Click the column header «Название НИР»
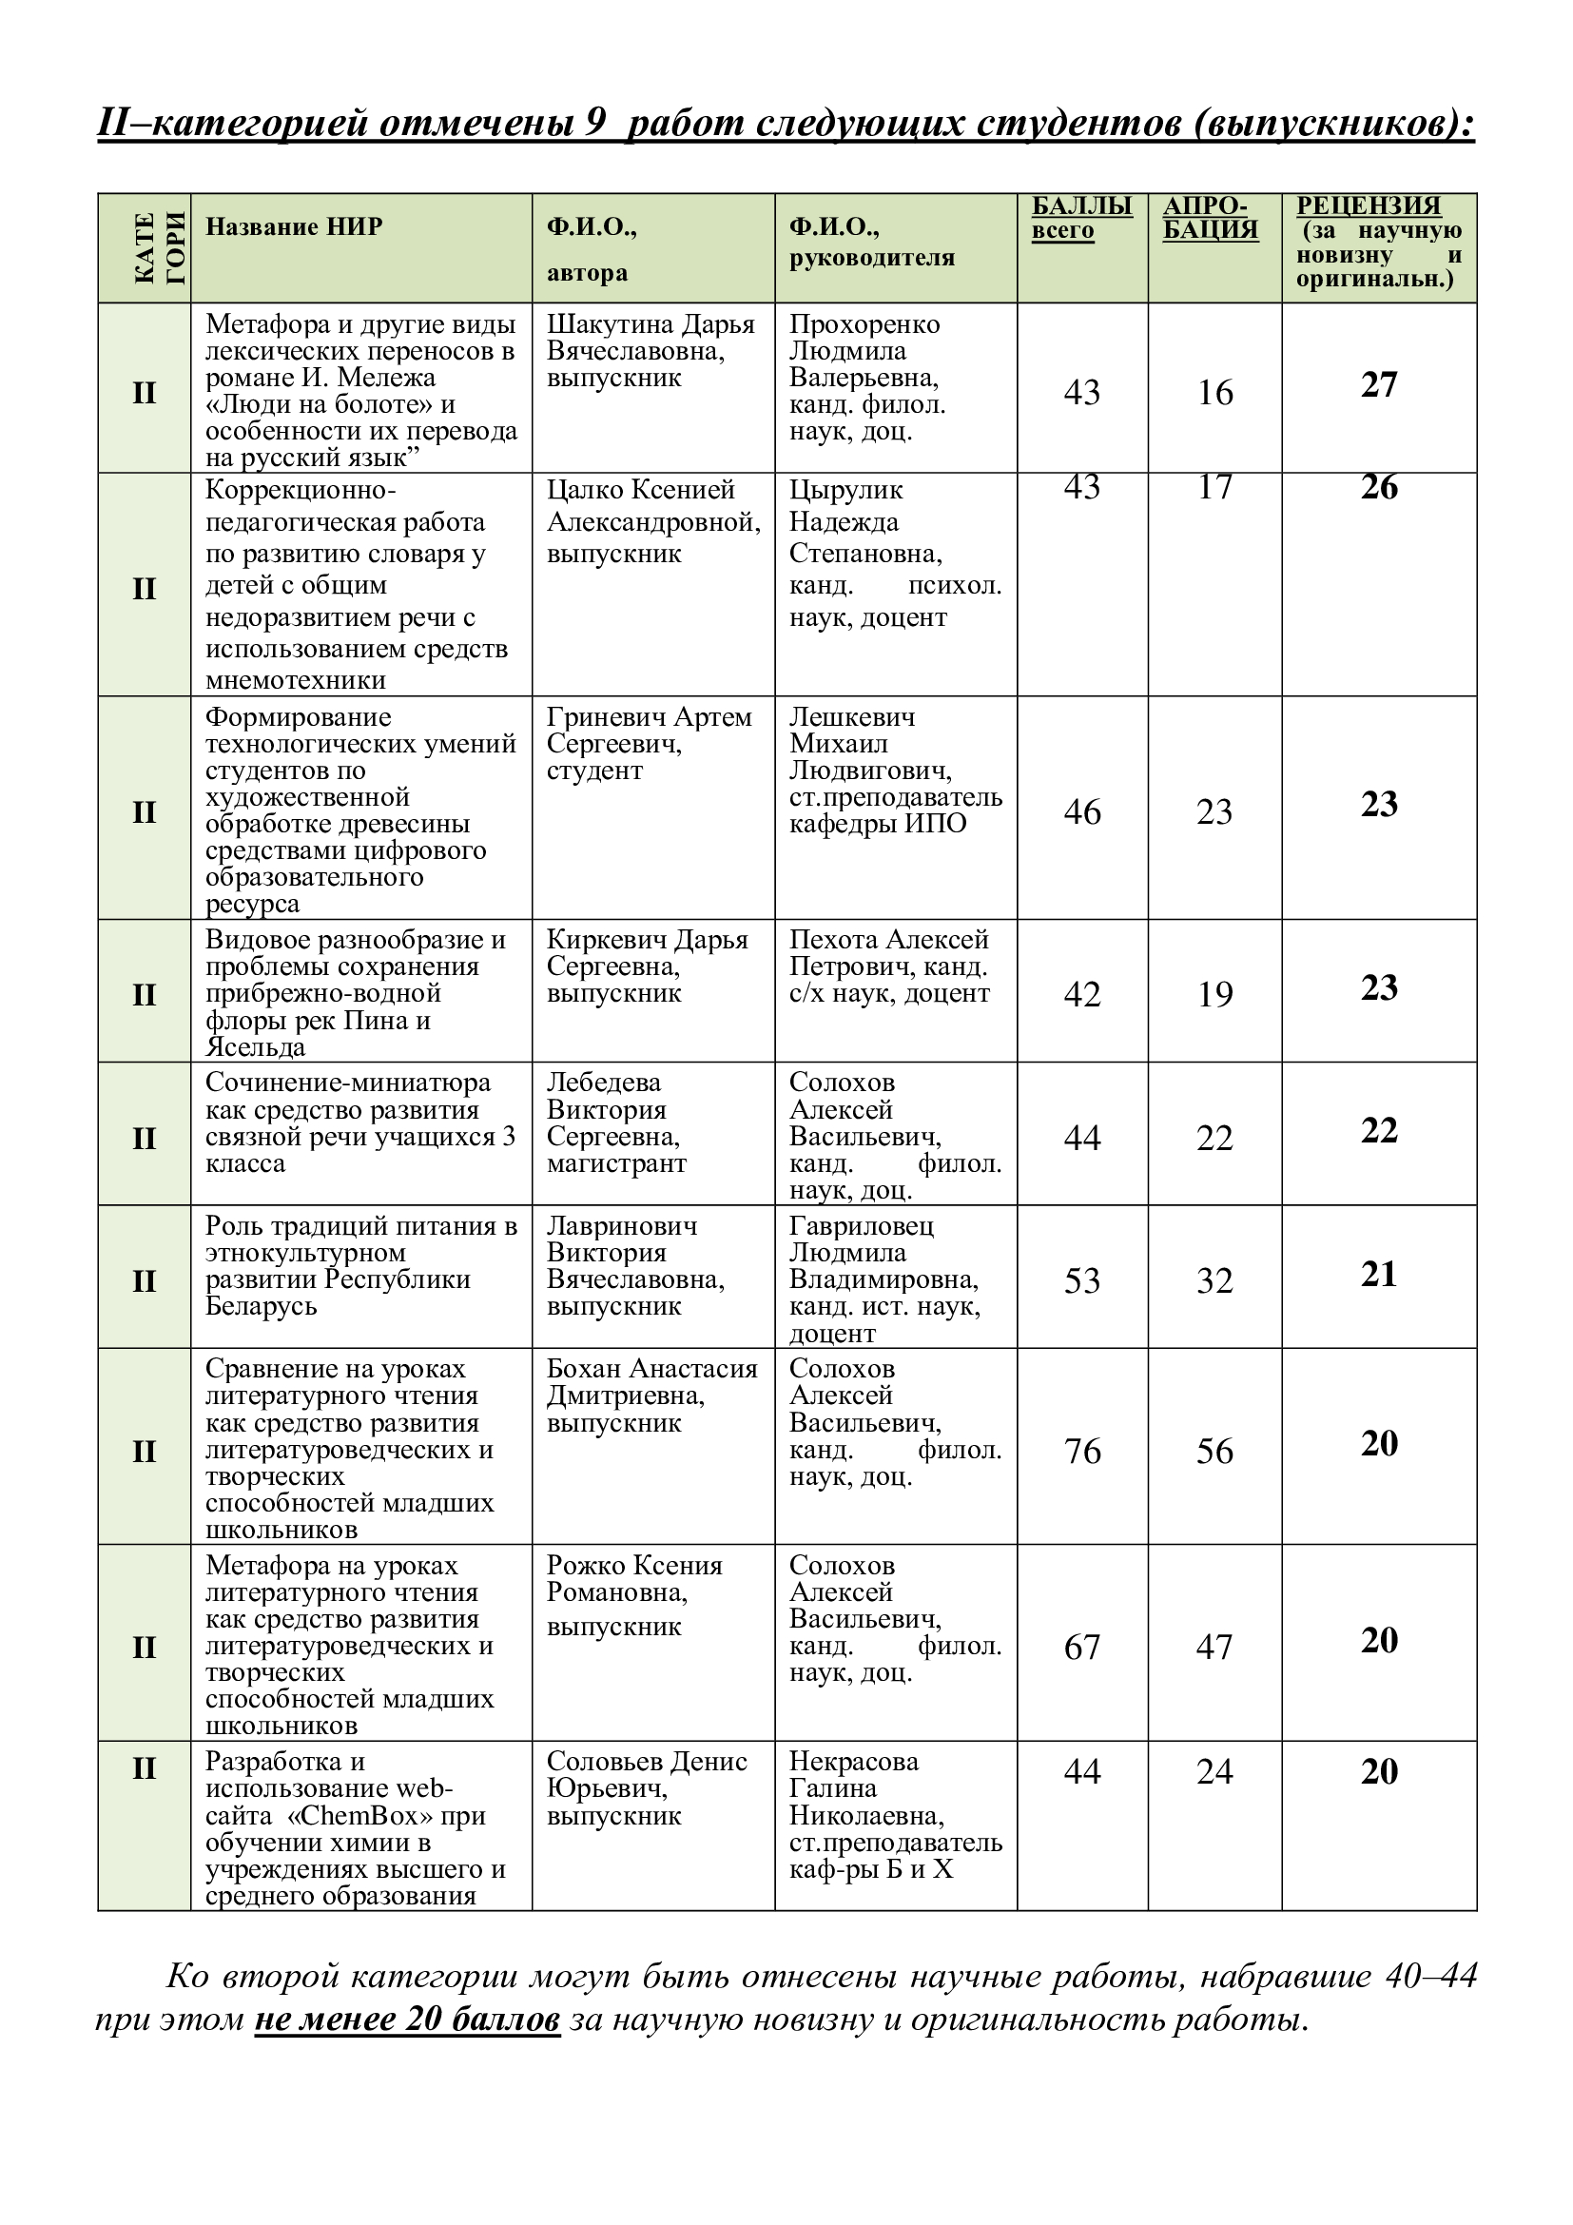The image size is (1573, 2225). tap(294, 226)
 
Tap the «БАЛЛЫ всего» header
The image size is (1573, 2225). tap(1081, 218)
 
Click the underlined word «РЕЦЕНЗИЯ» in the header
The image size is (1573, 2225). tap(1368, 205)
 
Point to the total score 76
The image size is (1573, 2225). tap(1082, 1451)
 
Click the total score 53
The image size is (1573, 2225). tap(1082, 1281)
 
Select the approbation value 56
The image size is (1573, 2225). tap(1214, 1451)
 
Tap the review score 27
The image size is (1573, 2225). tap(1378, 384)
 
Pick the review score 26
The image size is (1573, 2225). tap(1378, 486)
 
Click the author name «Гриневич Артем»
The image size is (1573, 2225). tap(649, 717)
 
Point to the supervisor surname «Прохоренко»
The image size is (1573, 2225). tap(864, 324)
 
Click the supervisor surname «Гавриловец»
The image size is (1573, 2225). tap(861, 1226)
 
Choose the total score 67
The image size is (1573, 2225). tap(1082, 1647)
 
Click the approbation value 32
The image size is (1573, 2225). tap(1214, 1281)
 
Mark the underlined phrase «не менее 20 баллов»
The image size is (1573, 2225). tap(407, 2019)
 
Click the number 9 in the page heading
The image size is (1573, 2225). tap(595, 122)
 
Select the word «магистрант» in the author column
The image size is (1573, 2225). tap(616, 1162)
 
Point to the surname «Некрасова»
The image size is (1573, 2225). tap(853, 1761)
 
